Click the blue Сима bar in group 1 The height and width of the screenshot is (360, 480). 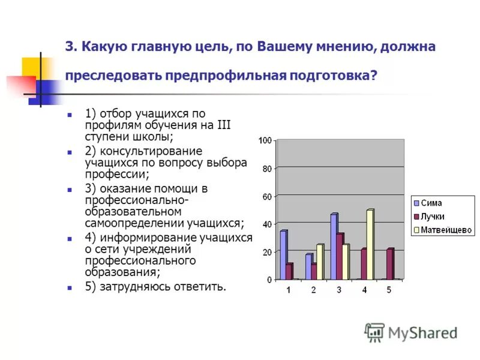(283, 255)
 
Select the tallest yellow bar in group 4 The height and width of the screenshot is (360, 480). (370, 244)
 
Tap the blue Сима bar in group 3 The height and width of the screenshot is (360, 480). (334, 247)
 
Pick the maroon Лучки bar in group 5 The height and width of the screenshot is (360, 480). (390, 264)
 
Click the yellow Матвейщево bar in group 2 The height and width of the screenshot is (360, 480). (319, 262)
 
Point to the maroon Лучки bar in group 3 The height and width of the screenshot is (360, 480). (340, 256)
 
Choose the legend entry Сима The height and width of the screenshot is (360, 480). (431, 203)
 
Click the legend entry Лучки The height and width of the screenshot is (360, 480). (433, 216)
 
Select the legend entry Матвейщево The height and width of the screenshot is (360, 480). (446, 230)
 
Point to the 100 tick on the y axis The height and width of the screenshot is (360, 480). (265, 140)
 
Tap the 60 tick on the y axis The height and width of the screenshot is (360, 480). (267, 196)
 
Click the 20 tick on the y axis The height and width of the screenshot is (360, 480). (267, 252)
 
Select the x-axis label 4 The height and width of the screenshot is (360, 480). (364, 290)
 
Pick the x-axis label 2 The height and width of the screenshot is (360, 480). (313, 290)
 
